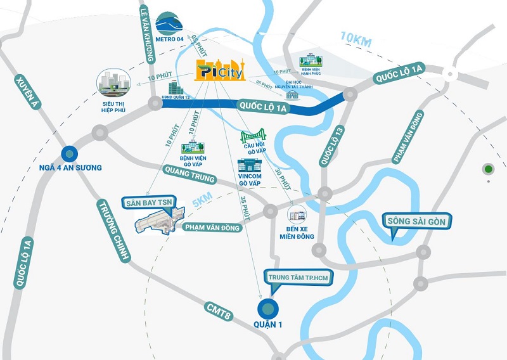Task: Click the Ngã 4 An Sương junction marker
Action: coord(69,153)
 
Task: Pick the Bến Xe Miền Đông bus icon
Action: coord(296,214)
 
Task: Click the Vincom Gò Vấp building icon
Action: coord(249,166)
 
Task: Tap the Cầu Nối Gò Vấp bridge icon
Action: coord(252,137)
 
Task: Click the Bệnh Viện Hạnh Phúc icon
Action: coord(311,61)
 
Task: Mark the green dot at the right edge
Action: coord(488,169)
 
